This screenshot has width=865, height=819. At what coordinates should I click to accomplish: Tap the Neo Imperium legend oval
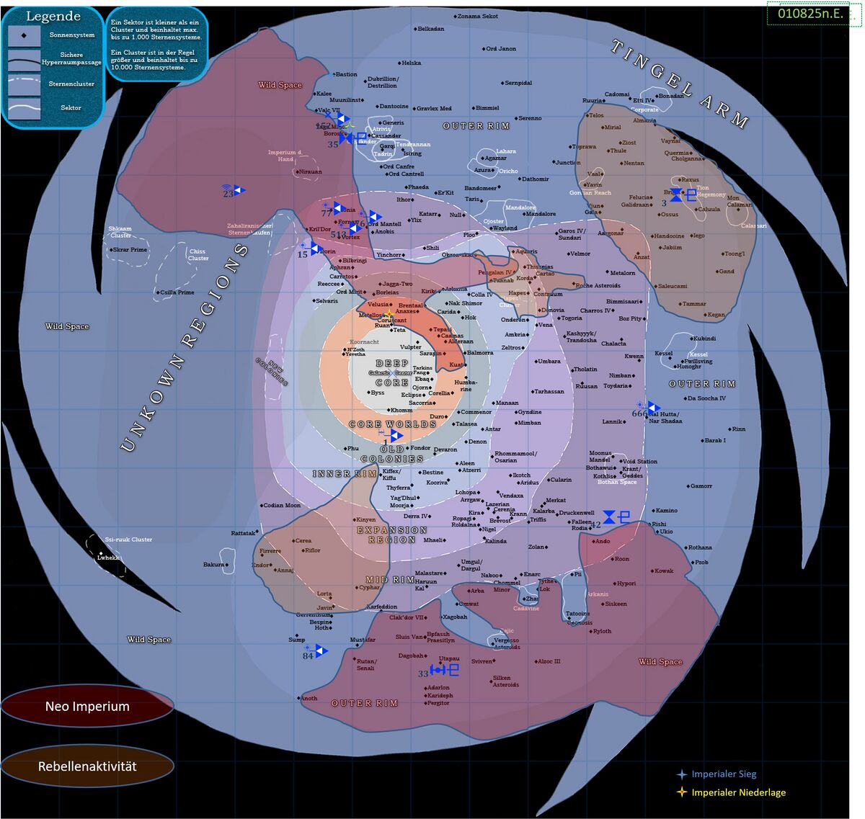coord(87,707)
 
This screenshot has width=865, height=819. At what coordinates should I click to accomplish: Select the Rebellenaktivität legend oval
coord(87,766)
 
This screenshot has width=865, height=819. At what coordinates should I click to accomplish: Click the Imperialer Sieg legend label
coord(724,774)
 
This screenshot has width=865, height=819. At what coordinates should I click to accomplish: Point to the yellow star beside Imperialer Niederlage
coord(681,792)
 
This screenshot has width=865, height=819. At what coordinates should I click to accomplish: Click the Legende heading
coord(53,17)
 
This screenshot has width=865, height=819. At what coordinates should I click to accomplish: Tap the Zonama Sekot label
coord(477,16)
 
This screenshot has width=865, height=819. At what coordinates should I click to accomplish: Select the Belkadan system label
coord(431,29)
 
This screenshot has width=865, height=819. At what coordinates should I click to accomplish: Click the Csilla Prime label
coord(177,292)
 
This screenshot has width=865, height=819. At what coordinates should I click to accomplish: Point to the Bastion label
coord(346,74)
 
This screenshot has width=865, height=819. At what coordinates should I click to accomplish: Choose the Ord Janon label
coord(501,49)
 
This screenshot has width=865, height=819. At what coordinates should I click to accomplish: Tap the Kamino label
coord(666,511)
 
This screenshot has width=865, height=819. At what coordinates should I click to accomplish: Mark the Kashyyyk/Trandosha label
coord(582,336)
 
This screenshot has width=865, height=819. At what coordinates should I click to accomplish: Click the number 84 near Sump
coord(308,656)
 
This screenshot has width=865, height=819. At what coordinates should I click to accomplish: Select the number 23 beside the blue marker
coord(228,193)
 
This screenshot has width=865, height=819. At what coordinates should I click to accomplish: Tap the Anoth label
coord(309,698)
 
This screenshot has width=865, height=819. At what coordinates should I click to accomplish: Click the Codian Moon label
coord(282,506)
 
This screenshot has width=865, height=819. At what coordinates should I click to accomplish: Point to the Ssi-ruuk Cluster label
coord(128,540)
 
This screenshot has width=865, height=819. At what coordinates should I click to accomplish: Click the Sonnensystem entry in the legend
coord(72,35)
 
